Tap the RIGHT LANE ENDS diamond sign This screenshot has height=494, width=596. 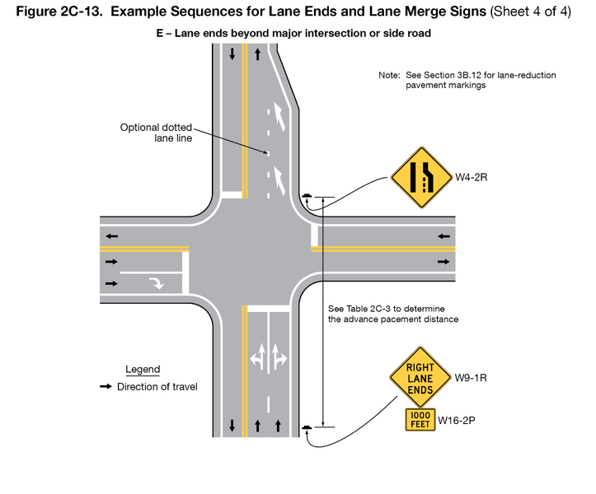point(420,378)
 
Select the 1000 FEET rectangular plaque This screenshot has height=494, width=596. point(420,420)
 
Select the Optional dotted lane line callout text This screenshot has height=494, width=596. point(156,133)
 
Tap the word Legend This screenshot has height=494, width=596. point(143,370)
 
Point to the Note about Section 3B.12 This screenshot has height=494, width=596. point(467,80)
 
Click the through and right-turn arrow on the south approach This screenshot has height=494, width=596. point(278,357)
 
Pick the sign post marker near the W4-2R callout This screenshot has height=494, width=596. point(307,196)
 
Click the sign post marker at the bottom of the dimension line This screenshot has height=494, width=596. point(307,427)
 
